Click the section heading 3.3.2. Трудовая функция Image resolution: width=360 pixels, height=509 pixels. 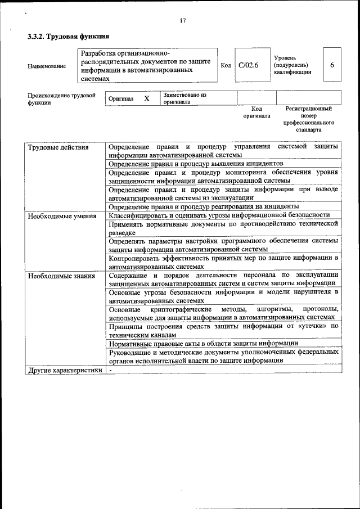[x=69, y=37]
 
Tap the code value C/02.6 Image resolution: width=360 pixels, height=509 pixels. [x=247, y=65]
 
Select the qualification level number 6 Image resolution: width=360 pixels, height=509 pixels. [x=332, y=65]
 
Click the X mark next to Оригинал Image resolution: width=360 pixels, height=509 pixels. [x=147, y=98]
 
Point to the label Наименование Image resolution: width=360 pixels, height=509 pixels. [x=46, y=66]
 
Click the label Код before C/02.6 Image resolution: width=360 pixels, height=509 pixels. [x=226, y=65]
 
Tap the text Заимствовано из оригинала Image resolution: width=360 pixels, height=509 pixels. [x=185, y=99]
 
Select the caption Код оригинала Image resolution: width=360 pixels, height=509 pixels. [x=256, y=112]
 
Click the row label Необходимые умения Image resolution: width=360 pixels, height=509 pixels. [x=61, y=215]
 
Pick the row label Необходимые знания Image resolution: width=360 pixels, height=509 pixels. [x=61, y=276]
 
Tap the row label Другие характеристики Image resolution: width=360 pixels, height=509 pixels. [x=65, y=371]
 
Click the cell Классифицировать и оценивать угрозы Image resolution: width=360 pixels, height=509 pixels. [x=219, y=215]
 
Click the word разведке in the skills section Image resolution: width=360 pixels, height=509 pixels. [x=122, y=232]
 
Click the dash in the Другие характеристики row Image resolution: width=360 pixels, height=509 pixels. [x=111, y=371]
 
